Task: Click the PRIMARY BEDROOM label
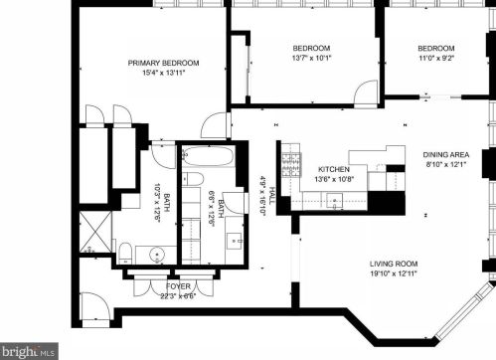[x=163, y=63]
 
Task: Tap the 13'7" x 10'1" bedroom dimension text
[x=311, y=58]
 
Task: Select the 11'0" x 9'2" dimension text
[x=435, y=58]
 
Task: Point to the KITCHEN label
[x=334, y=169]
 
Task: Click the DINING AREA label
[x=446, y=155]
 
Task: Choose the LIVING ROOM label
[x=394, y=264]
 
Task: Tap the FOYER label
[x=178, y=286]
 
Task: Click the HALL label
[x=272, y=196]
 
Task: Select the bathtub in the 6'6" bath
[x=209, y=156]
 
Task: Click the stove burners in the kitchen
[x=291, y=164]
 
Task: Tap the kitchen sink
[x=335, y=201]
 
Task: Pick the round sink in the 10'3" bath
[x=157, y=255]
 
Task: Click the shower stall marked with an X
[x=95, y=232]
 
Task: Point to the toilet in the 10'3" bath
[x=125, y=254]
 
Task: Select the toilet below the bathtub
[x=193, y=179]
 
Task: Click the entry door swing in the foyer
[x=94, y=306]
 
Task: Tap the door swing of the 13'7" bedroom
[x=366, y=92]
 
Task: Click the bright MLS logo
[x=29, y=351]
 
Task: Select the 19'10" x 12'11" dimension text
[x=394, y=273]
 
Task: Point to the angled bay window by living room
[x=463, y=310]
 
